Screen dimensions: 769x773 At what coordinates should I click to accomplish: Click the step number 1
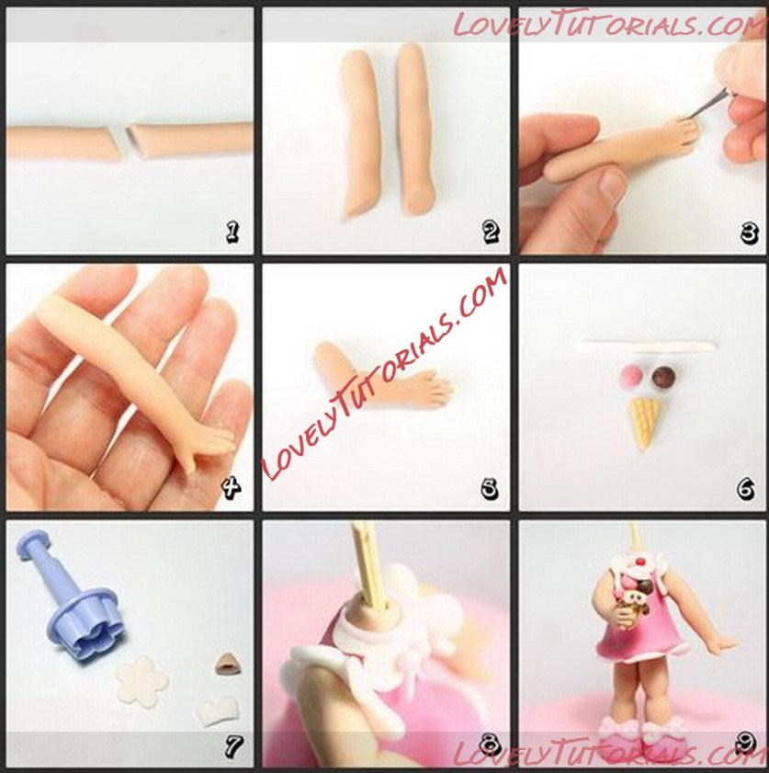[232, 232]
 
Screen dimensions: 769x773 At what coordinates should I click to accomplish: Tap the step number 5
[489, 489]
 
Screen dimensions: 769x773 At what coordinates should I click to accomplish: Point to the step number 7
[233, 746]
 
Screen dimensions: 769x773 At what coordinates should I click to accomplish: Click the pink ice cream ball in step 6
[629, 376]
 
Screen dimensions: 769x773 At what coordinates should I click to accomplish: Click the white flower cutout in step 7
[141, 680]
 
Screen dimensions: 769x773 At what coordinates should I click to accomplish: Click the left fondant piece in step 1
[63, 142]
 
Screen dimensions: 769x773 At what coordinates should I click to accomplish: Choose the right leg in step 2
[416, 130]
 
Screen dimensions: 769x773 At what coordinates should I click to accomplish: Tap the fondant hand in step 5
[426, 389]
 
